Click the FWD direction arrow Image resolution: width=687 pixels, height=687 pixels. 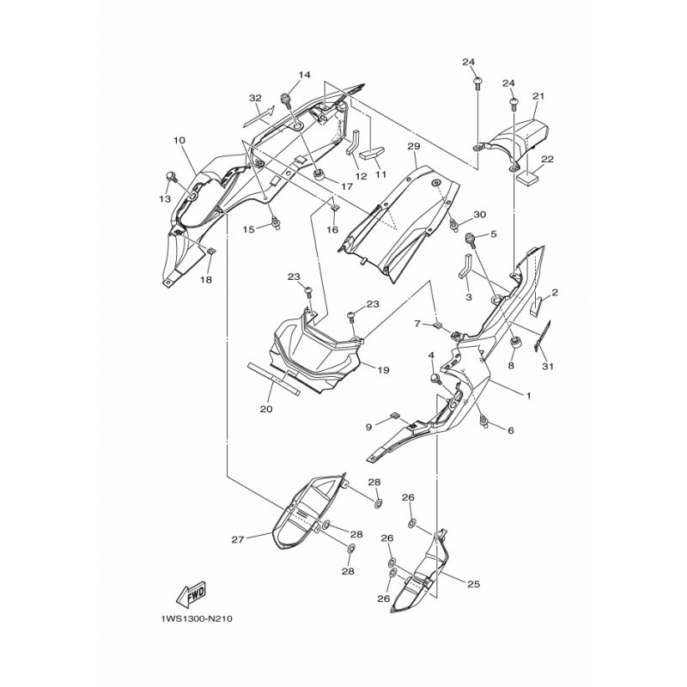click(191, 596)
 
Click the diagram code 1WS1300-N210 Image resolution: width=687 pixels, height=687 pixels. click(197, 619)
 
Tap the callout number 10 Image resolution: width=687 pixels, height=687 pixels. click(179, 140)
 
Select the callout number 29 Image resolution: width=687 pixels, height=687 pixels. click(414, 146)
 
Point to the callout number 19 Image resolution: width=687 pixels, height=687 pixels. click(383, 370)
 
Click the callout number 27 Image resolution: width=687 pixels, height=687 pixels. click(238, 540)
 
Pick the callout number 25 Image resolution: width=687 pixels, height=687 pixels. click(474, 584)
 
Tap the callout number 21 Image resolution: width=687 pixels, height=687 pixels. click(538, 96)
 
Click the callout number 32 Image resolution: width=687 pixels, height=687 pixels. click(255, 98)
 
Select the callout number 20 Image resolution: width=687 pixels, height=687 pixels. click(266, 409)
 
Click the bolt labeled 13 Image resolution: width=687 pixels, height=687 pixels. click(171, 178)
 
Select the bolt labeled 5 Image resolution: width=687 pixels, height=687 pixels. click(471, 240)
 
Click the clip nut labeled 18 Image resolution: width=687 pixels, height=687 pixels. click(210, 251)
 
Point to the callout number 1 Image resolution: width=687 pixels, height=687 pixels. click(528, 396)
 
